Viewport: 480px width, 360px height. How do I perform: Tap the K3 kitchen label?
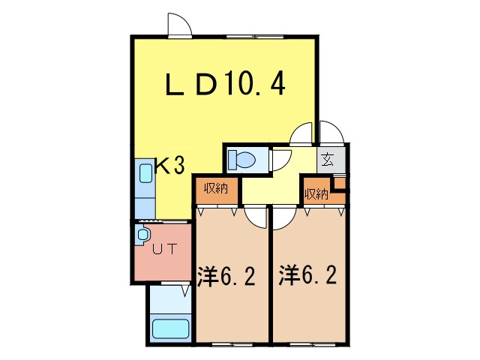tap(169, 166)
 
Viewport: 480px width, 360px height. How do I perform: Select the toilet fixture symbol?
tap(241, 159)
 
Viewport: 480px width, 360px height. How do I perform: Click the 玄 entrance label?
tap(328, 159)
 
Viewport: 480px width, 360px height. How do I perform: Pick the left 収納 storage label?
tap(216, 189)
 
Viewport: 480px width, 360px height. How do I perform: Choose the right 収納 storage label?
tap(316, 193)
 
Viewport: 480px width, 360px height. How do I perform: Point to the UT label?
tap(164, 250)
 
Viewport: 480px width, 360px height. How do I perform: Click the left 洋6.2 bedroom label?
tap(226, 277)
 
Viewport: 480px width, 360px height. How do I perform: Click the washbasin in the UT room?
tap(142, 236)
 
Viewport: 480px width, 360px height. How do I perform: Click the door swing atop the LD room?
tap(179, 25)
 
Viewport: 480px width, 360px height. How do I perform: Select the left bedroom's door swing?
tap(257, 217)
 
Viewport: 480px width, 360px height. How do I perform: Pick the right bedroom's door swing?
tap(282, 217)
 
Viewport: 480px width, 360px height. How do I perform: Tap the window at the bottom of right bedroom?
tap(310, 343)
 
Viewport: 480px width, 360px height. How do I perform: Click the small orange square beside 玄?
tap(340, 181)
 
